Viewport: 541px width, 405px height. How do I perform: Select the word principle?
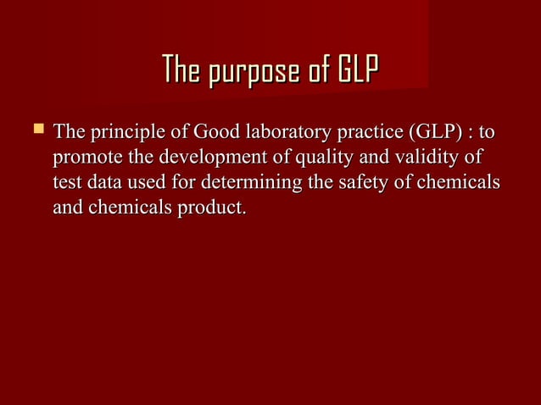click(x=121, y=133)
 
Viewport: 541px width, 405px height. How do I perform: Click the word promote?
click(x=85, y=158)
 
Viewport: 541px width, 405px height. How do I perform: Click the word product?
click(x=212, y=208)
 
